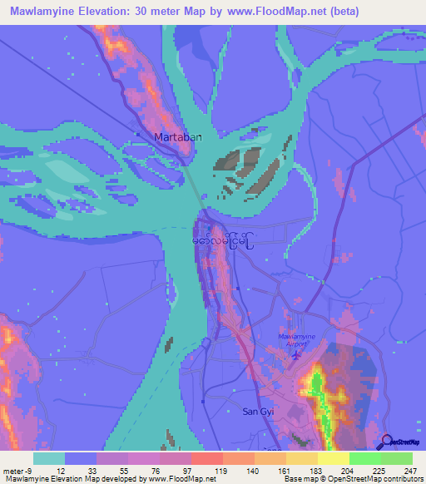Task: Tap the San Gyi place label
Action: [257, 412]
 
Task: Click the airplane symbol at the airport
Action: [297, 354]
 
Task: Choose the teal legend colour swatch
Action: [49, 457]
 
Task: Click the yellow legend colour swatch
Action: [334, 457]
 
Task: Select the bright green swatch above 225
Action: [365, 457]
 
